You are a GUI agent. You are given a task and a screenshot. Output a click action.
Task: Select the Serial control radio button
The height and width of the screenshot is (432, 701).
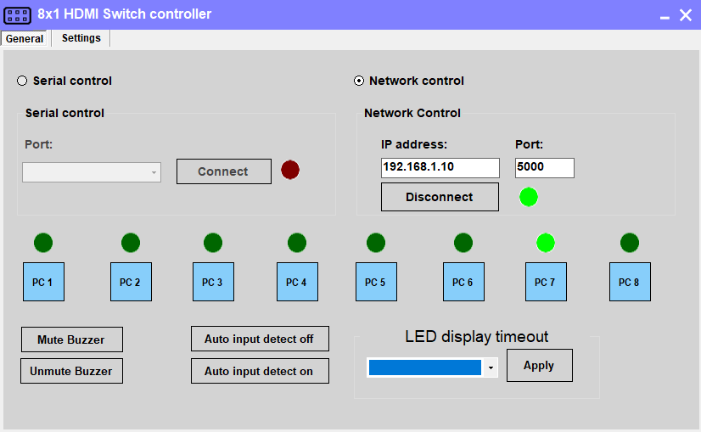22,81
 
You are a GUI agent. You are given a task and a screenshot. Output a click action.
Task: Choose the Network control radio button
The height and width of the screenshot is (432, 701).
359,81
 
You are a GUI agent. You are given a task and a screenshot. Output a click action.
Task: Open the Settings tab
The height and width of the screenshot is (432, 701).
81,38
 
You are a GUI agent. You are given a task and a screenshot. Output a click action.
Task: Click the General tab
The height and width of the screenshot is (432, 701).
25,39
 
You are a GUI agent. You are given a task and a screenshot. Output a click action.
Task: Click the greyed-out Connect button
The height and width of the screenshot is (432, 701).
223,171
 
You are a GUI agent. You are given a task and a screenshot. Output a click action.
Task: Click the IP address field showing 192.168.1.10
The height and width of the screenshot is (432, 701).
440,167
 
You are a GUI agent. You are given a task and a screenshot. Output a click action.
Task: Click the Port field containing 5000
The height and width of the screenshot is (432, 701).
544,167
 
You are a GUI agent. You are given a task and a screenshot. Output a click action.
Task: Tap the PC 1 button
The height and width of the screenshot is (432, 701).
42,282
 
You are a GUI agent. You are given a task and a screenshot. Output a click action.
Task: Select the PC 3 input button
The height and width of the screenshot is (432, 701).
213,282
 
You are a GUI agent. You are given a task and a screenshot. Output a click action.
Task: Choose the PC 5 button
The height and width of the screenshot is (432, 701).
376,282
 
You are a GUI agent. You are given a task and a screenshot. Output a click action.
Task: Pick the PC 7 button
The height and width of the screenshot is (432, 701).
545,282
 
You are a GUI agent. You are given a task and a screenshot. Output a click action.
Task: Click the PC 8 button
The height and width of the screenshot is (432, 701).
630,282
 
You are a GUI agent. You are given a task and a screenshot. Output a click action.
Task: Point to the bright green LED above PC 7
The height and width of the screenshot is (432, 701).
546,243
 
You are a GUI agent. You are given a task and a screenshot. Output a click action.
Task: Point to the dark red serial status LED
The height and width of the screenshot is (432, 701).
290,170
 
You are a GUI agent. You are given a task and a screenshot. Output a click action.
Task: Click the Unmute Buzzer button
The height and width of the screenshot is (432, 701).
71,371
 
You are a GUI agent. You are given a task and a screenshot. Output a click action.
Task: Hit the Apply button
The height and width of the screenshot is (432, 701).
539,366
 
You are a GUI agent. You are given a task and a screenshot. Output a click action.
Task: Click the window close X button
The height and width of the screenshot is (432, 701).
686,14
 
